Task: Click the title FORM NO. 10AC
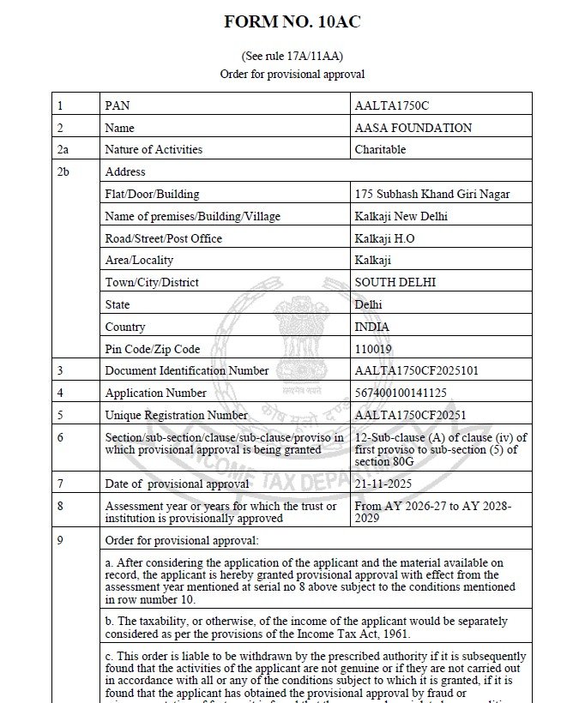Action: pyautogui.click(x=292, y=22)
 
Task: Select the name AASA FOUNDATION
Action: pyautogui.click(x=413, y=128)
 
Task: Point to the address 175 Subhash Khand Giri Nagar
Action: pyautogui.click(x=431, y=194)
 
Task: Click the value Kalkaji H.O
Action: pyautogui.click(x=384, y=238)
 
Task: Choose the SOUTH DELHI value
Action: pyautogui.click(x=395, y=282)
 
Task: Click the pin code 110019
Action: pyautogui.click(x=373, y=349)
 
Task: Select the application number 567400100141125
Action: pyautogui.click(x=401, y=393)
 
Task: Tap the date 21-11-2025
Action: pyautogui.click(x=383, y=484)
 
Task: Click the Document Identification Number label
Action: pyautogui.click(x=186, y=370)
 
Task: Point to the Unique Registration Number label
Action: pyautogui.click(x=176, y=415)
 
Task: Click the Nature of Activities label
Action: pyautogui.click(x=154, y=149)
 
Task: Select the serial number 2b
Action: pyautogui.click(x=63, y=171)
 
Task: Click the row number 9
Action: pyautogui.click(x=60, y=540)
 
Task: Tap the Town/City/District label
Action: pyautogui.click(x=151, y=282)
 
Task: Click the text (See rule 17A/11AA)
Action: pyautogui.click(x=292, y=57)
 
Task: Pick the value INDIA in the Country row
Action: pyautogui.click(x=371, y=327)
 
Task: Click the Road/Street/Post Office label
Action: pyautogui.click(x=163, y=238)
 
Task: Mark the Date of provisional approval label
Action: pyautogui.click(x=177, y=484)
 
